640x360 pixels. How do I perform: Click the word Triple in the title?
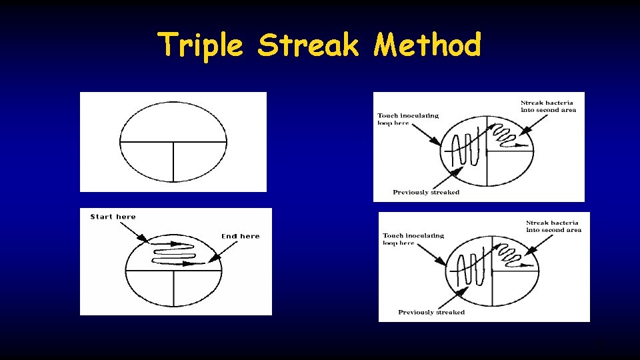[201, 45]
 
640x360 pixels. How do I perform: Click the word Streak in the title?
[308, 45]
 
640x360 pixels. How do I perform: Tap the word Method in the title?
[427, 45]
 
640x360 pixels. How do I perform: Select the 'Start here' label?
[113, 217]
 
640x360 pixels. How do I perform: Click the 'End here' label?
[240, 236]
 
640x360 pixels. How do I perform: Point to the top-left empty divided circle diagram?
[173, 141]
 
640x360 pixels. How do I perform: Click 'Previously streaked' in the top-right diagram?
[425, 193]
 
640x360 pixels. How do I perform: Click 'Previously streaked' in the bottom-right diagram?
[431, 312]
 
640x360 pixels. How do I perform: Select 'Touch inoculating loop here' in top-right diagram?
[407, 119]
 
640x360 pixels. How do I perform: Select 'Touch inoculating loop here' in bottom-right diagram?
[413, 239]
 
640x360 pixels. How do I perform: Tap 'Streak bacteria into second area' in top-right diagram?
[548, 106]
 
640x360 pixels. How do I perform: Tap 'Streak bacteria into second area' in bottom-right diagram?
[553, 226]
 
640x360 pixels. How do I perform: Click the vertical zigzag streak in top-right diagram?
[465, 150]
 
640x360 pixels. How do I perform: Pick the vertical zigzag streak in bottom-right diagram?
[470, 270]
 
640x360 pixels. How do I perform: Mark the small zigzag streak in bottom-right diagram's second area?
[513, 255]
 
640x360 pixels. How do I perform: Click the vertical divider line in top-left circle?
[173, 161]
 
